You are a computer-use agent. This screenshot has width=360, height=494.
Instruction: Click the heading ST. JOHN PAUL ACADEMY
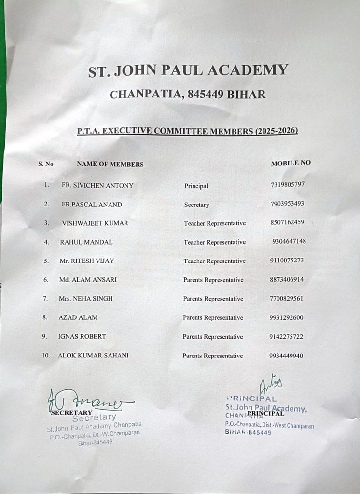(x=188, y=70)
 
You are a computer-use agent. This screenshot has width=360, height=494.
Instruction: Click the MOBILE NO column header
(x=291, y=163)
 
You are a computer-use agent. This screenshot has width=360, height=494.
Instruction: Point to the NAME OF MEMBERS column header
(x=110, y=164)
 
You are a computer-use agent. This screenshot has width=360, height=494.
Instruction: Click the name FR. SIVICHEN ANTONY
(x=97, y=185)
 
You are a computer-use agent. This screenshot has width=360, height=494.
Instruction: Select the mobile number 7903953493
(x=287, y=204)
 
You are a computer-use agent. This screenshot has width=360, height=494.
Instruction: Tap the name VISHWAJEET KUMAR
(x=95, y=223)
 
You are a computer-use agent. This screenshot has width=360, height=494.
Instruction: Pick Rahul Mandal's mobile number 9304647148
(x=289, y=241)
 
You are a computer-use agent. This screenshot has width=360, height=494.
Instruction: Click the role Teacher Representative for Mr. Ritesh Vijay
(x=214, y=261)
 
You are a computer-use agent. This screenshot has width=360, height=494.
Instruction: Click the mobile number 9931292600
(x=287, y=317)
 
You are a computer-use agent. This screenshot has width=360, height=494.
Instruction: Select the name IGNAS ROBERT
(x=82, y=336)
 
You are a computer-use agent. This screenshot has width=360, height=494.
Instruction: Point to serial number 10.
(x=46, y=356)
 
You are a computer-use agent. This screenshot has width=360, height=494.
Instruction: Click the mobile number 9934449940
(x=286, y=356)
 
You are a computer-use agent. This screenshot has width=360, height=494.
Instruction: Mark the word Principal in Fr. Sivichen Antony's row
(x=196, y=186)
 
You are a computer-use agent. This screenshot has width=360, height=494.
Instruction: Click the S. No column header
(x=46, y=164)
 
